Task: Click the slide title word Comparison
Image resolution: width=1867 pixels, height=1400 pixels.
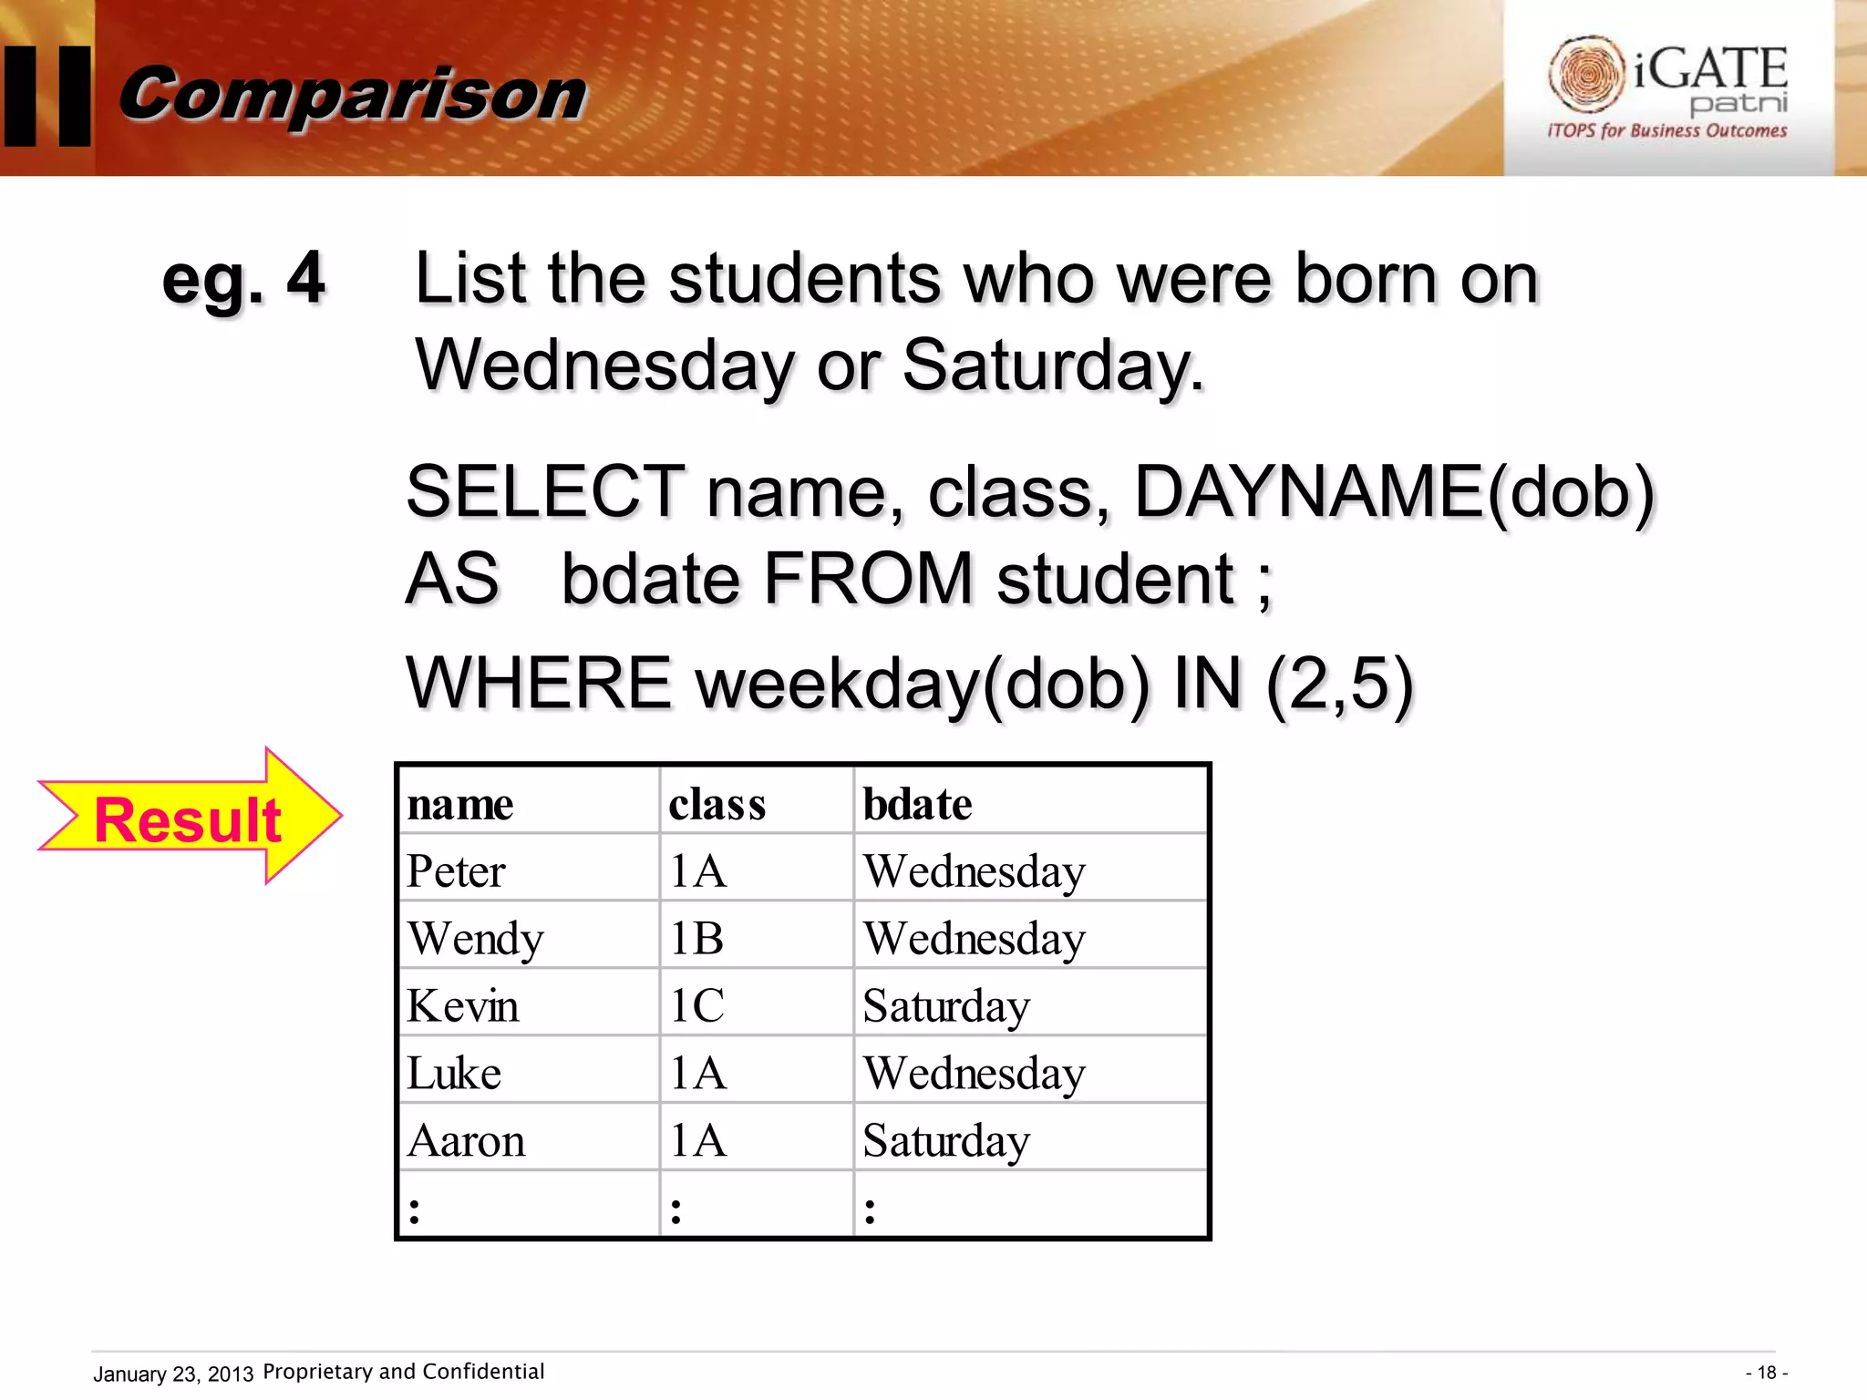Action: (x=353, y=95)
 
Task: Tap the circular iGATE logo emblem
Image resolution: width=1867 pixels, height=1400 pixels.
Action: (x=1586, y=73)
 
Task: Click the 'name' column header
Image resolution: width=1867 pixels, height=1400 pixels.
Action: (x=460, y=804)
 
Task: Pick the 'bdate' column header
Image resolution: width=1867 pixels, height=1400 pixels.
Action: (x=917, y=804)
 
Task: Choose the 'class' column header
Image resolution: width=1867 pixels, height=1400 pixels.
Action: (x=717, y=804)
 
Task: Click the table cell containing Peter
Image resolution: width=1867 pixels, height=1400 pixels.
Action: (x=456, y=870)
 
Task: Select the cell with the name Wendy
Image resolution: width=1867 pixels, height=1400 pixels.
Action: (x=475, y=938)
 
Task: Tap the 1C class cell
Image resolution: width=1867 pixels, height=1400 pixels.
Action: (x=697, y=1005)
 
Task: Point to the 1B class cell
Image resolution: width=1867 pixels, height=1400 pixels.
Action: (x=697, y=938)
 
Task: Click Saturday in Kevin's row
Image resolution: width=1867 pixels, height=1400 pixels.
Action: (x=946, y=1005)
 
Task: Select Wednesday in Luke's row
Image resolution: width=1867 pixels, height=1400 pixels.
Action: (x=974, y=1073)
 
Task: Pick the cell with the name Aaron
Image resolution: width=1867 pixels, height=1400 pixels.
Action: (x=466, y=1140)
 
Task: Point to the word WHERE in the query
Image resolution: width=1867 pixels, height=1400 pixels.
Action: (x=539, y=683)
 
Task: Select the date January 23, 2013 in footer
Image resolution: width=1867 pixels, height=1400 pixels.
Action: (x=173, y=1374)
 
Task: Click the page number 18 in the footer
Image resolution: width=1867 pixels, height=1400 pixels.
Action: (x=1767, y=1373)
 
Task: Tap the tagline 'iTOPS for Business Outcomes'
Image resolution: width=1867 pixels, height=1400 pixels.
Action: (x=1667, y=131)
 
